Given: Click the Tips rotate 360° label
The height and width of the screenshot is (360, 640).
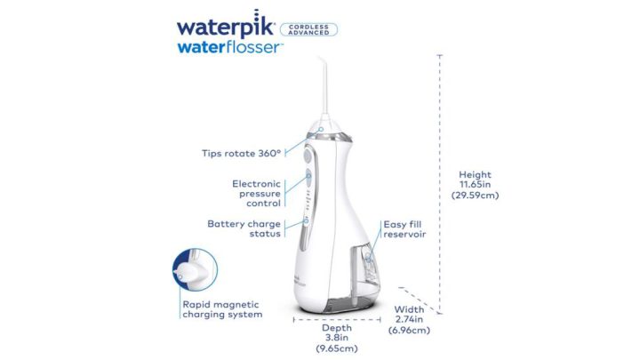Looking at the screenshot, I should (241, 153).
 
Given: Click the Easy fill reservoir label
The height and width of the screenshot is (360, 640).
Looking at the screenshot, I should (404, 230).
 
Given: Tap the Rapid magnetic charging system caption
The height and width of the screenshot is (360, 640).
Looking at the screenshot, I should (222, 308).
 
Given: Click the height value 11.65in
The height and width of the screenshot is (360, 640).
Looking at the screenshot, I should (475, 185).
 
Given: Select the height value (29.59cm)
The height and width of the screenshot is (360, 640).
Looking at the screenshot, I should (475, 195).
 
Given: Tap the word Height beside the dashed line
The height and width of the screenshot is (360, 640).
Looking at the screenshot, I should (475, 175).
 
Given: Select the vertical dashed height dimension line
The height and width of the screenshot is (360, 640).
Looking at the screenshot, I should (440, 178).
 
